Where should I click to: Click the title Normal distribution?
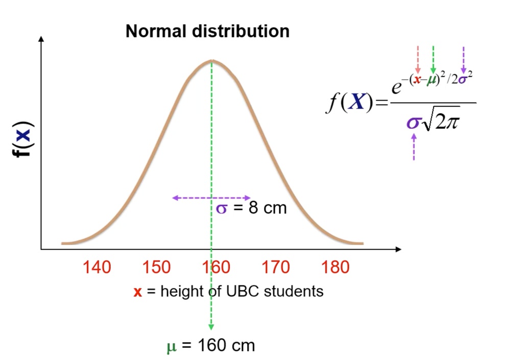tap(207, 32)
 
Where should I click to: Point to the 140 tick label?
tap(97, 267)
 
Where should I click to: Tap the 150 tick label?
tap(156, 267)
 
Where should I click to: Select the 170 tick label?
tap(276, 267)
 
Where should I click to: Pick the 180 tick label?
tap(336, 267)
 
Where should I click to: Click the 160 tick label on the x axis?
tap(216, 267)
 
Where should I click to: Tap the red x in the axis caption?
tap(137, 292)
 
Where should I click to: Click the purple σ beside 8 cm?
tap(222, 208)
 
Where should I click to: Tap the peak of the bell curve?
tap(211, 61)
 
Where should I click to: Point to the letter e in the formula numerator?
tap(396, 88)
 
